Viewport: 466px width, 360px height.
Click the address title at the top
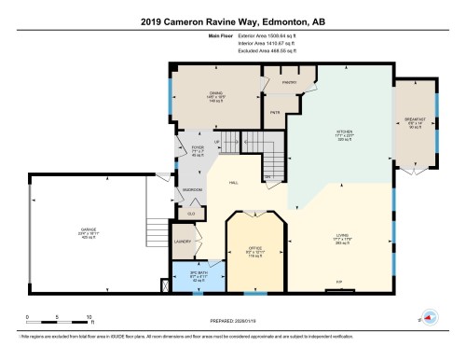232,21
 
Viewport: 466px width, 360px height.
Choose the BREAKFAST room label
415,121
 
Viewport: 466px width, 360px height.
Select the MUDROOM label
193,189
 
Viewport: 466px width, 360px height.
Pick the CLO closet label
191,214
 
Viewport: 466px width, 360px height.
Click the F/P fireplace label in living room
338,282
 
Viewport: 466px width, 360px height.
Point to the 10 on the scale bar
89,317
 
